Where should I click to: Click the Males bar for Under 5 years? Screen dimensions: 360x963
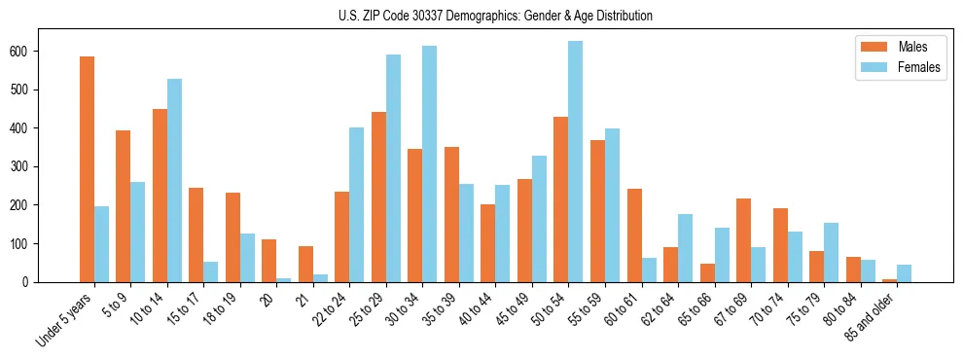(87, 169)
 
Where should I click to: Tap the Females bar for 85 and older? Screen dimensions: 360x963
(904, 273)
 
